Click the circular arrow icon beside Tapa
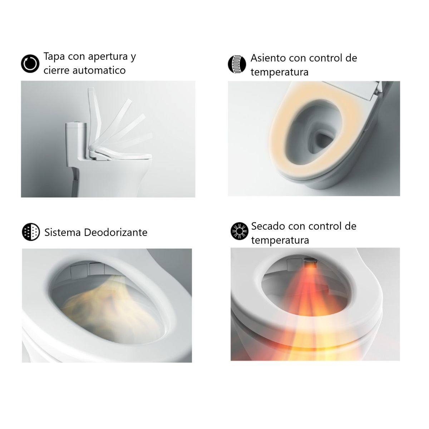[29, 64]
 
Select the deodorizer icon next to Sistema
[31, 232]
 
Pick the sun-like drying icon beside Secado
[239, 231]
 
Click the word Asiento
[268, 58]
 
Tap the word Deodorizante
[115, 232]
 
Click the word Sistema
[63, 232]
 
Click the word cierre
[56, 70]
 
